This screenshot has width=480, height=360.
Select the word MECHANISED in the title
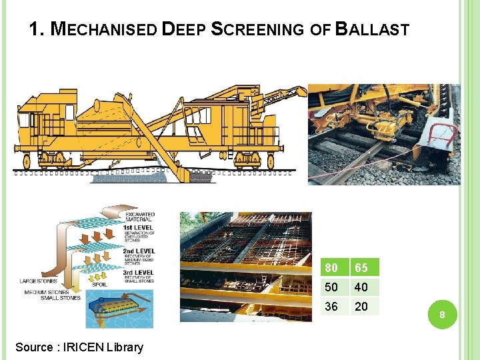104,29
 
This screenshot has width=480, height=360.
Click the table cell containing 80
333,268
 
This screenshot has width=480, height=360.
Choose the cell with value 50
333,287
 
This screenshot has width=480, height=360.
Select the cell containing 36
333,307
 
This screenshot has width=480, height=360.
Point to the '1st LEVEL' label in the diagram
138,227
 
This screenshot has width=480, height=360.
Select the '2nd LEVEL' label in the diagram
139,251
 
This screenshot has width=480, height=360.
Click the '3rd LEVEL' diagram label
139,273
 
